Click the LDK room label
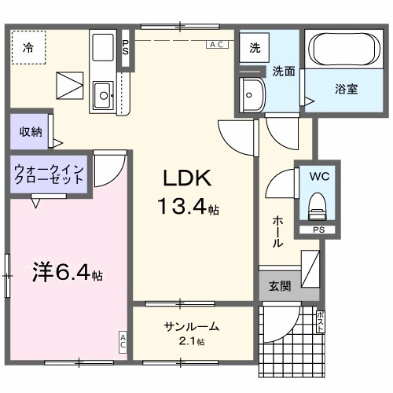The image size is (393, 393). tap(185, 176)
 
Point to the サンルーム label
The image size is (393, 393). tap(192, 327)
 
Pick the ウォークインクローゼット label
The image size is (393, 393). tap(48, 173)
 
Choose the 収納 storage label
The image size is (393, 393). tap(31, 131)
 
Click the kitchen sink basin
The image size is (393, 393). tap(102, 97)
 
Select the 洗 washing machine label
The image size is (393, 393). tap(255, 48)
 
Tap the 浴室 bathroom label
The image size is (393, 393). tap(346, 89)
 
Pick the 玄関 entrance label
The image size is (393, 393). tap(279, 286)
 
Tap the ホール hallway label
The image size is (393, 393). tap(278, 232)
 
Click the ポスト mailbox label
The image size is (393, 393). tap(321, 322)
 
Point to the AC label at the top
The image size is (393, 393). tap(218, 46)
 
